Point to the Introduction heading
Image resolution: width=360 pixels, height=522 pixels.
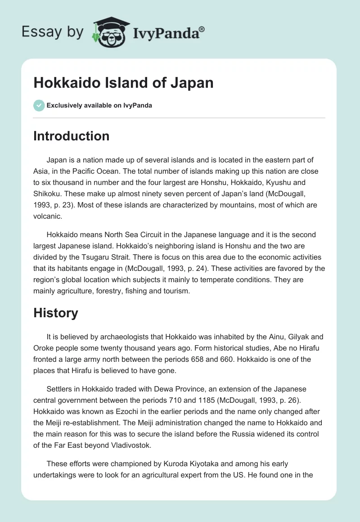pos(71,136)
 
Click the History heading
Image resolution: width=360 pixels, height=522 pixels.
pos(56,313)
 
